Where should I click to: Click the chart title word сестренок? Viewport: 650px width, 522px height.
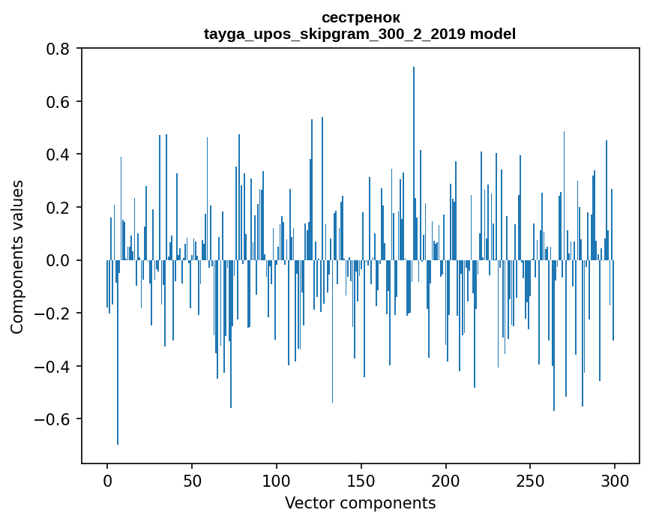[x=360, y=17]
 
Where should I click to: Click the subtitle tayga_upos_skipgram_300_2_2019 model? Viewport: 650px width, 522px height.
[x=360, y=34]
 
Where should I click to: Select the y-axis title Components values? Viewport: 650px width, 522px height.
[x=17, y=256]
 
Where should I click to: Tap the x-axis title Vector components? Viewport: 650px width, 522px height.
[x=360, y=502]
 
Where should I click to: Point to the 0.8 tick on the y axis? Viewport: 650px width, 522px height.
[x=58, y=49]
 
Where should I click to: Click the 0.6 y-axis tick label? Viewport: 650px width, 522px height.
[x=58, y=102]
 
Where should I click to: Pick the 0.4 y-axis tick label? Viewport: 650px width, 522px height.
[x=58, y=154]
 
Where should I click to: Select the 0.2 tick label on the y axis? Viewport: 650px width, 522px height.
[x=58, y=208]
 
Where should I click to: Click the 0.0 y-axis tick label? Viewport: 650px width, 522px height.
[x=58, y=260]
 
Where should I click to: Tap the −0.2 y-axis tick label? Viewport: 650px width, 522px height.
[x=54, y=313]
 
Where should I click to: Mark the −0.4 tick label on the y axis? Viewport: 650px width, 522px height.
[x=54, y=366]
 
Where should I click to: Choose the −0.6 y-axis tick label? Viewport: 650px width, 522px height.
[x=54, y=419]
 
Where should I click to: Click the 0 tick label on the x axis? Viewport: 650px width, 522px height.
[x=107, y=480]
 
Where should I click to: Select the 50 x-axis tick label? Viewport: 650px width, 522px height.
[x=192, y=480]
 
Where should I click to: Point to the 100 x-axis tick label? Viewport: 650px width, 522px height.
[x=277, y=480]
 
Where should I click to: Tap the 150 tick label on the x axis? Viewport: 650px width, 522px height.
[x=361, y=480]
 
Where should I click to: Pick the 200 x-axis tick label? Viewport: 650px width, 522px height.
[x=446, y=480]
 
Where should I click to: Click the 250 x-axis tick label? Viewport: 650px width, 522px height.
[x=530, y=480]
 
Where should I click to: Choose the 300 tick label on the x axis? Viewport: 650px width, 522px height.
[x=615, y=480]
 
